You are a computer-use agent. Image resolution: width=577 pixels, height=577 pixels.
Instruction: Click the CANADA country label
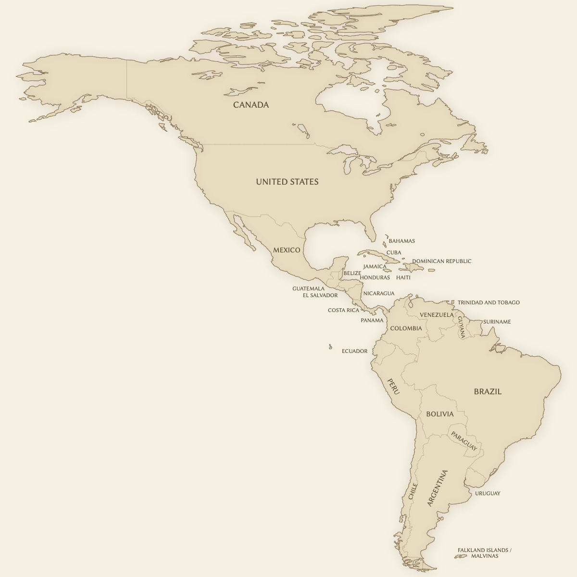pos(251,105)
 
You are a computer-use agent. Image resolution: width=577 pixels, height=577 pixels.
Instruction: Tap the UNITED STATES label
pos(287,182)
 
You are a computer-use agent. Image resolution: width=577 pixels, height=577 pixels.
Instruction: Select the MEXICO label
pos(287,250)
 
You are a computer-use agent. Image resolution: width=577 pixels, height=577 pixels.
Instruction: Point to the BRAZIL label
pos(488,391)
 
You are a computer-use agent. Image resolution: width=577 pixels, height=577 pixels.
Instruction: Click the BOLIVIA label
pos(439,414)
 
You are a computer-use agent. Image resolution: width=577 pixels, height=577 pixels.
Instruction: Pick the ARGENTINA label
pos(437,488)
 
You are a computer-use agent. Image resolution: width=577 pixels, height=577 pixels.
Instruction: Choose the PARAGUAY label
pos(464,441)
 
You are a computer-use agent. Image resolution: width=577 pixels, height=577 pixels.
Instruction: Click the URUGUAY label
pos(488,493)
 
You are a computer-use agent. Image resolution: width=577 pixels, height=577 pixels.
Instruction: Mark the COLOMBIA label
pos(406,328)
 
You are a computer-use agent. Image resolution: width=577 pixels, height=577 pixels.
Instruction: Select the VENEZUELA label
pos(437,315)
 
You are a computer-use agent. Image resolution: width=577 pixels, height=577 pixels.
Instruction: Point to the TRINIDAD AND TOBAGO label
pos(489,302)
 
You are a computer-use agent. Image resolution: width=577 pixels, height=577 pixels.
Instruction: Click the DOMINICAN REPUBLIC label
pos(441,261)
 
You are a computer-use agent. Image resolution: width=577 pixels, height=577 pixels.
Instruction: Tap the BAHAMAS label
pos(401,241)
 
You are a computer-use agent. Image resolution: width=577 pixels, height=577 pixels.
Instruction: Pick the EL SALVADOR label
pos(320,295)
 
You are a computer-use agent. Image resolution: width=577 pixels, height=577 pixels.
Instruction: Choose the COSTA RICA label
pos(343,310)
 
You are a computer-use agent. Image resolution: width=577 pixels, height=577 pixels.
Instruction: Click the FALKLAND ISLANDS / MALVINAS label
pos(484,553)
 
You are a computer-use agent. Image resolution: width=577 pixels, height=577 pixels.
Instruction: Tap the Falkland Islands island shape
pos(461,556)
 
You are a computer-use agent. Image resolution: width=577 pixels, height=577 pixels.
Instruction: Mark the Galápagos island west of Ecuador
pos(330,347)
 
